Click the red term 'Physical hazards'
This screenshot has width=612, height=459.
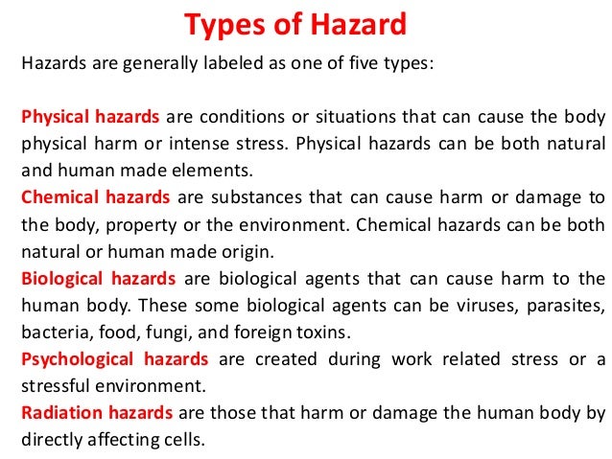point(91,118)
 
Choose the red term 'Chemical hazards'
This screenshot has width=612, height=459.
point(95,197)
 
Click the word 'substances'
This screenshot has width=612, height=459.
point(251,197)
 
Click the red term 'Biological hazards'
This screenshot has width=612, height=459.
point(98,278)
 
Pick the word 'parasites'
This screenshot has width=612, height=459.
point(566,305)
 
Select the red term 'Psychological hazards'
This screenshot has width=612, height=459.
point(114,358)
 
